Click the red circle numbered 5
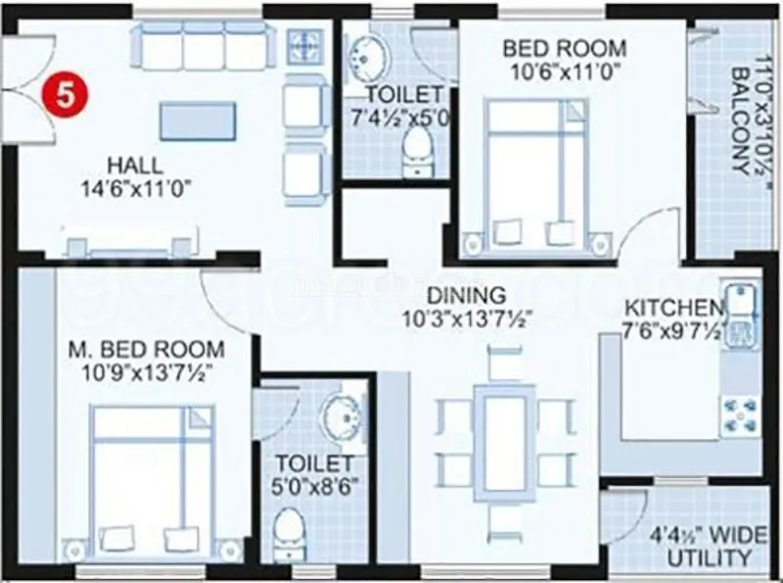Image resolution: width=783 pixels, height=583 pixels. pyautogui.click(x=65, y=97)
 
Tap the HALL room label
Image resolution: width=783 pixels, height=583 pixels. pyautogui.click(x=135, y=165)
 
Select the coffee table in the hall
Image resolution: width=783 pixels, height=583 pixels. pyautogui.click(x=198, y=121)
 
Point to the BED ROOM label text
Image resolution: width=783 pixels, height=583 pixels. pyautogui.click(x=564, y=48)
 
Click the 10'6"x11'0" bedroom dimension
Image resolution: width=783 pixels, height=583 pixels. pyautogui.click(x=565, y=72)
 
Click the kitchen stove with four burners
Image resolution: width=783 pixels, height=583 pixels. pyautogui.click(x=738, y=416)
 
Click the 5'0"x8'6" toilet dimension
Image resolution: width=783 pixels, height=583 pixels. pyautogui.click(x=314, y=484)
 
